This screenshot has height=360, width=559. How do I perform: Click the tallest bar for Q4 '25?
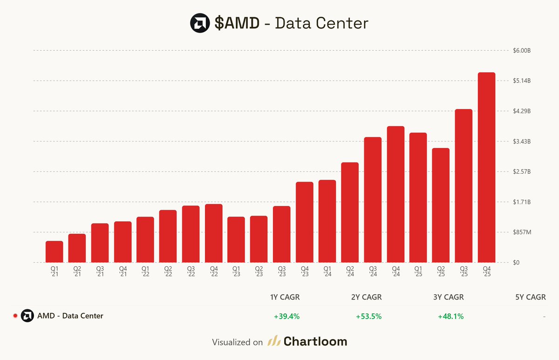click(486, 168)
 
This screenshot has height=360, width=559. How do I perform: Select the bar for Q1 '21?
click(54, 251)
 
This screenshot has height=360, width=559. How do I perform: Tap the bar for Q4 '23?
click(304, 222)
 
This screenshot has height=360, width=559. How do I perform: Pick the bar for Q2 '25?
click(441, 205)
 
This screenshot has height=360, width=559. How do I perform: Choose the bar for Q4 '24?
click(395, 194)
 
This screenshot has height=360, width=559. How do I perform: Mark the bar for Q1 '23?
click(236, 239)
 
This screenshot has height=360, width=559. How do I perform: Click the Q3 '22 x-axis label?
click(191, 272)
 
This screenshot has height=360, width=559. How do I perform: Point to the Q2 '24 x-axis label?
click(350, 272)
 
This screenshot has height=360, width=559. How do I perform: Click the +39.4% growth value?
click(286, 316)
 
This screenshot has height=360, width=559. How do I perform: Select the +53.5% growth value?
click(368, 316)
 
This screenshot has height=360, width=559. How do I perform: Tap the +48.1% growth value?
click(450, 316)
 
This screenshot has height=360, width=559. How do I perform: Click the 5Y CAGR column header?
click(530, 297)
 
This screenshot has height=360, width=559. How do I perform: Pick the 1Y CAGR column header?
click(285, 297)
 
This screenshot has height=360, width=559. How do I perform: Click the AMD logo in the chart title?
click(200, 23)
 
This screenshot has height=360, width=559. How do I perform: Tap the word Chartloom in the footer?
click(315, 342)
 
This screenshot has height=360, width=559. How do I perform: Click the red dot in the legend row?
click(15, 316)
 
